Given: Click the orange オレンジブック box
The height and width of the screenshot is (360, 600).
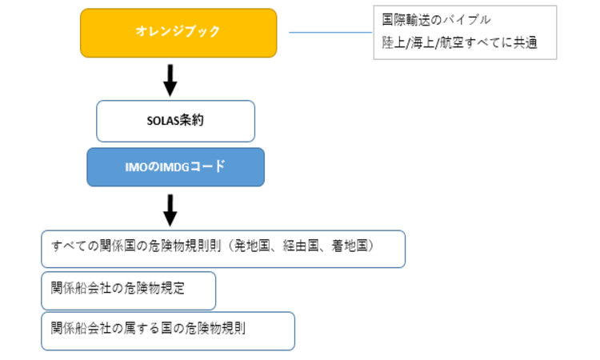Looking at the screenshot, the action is (x=178, y=33).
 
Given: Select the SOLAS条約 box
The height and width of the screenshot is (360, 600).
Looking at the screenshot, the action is (x=176, y=122).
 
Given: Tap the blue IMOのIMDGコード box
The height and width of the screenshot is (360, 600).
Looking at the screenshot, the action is (x=176, y=167).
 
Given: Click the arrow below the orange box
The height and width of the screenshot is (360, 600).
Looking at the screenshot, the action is (x=170, y=80).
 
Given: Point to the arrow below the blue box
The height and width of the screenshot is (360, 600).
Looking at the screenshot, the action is (x=170, y=210).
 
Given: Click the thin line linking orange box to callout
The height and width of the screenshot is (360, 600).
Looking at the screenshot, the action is (x=330, y=33).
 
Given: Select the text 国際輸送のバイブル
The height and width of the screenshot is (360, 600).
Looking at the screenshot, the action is (x=436, y=20).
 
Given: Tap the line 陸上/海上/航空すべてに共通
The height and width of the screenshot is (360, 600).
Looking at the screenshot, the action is (x=459, y=43).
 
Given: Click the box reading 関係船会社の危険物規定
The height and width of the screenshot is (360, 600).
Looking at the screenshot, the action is (x=129, y=290).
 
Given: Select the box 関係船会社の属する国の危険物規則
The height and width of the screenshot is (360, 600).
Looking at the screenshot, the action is (x=168, y=331).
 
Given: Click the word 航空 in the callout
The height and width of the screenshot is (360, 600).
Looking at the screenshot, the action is (x=451, y=43).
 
